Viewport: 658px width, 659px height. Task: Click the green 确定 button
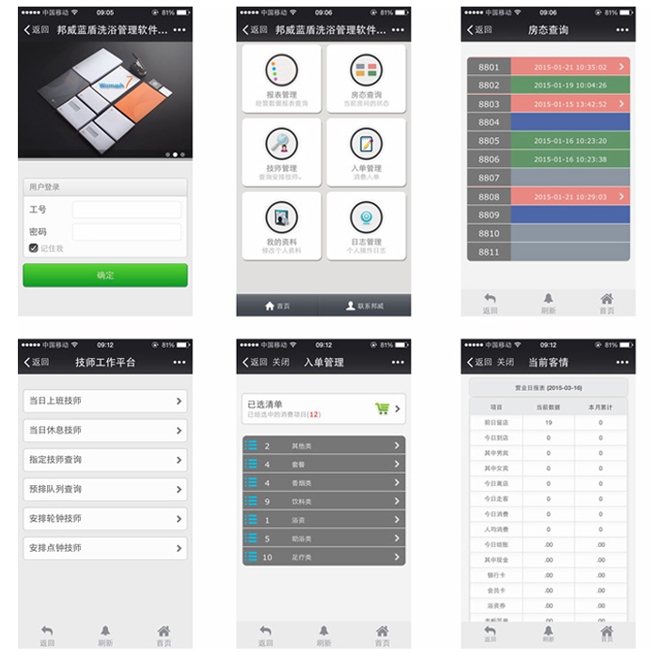tap(105, 275)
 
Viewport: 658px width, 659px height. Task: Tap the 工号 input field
tap(126, 210)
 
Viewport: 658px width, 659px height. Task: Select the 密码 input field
tap(126, 231)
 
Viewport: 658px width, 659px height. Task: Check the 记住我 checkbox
tap(33, 248)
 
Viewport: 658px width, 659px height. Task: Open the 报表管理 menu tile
tap(281, 79)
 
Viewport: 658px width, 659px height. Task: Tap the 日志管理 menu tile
tap(366, 226)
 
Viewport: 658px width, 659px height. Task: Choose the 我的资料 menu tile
tap(281, 226)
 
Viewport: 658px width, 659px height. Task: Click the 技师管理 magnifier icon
tap(281, 143)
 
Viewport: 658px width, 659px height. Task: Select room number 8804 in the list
tap(489, 122)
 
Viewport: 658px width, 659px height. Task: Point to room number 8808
tap(489, 196)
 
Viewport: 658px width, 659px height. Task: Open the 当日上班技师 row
tap(105, 401)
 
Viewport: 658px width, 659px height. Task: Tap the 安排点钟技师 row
tap(105, 548)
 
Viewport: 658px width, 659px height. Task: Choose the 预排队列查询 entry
tap(105, 489)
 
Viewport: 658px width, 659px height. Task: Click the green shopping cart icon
tap(382, 409)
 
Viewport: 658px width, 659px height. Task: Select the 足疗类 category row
tap(323, 557)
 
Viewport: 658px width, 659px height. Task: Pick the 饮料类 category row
tap(323, 502)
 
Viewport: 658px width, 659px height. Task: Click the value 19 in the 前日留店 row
tap(548, 423)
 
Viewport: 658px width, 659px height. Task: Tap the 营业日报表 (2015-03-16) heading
tap(548, 386)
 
